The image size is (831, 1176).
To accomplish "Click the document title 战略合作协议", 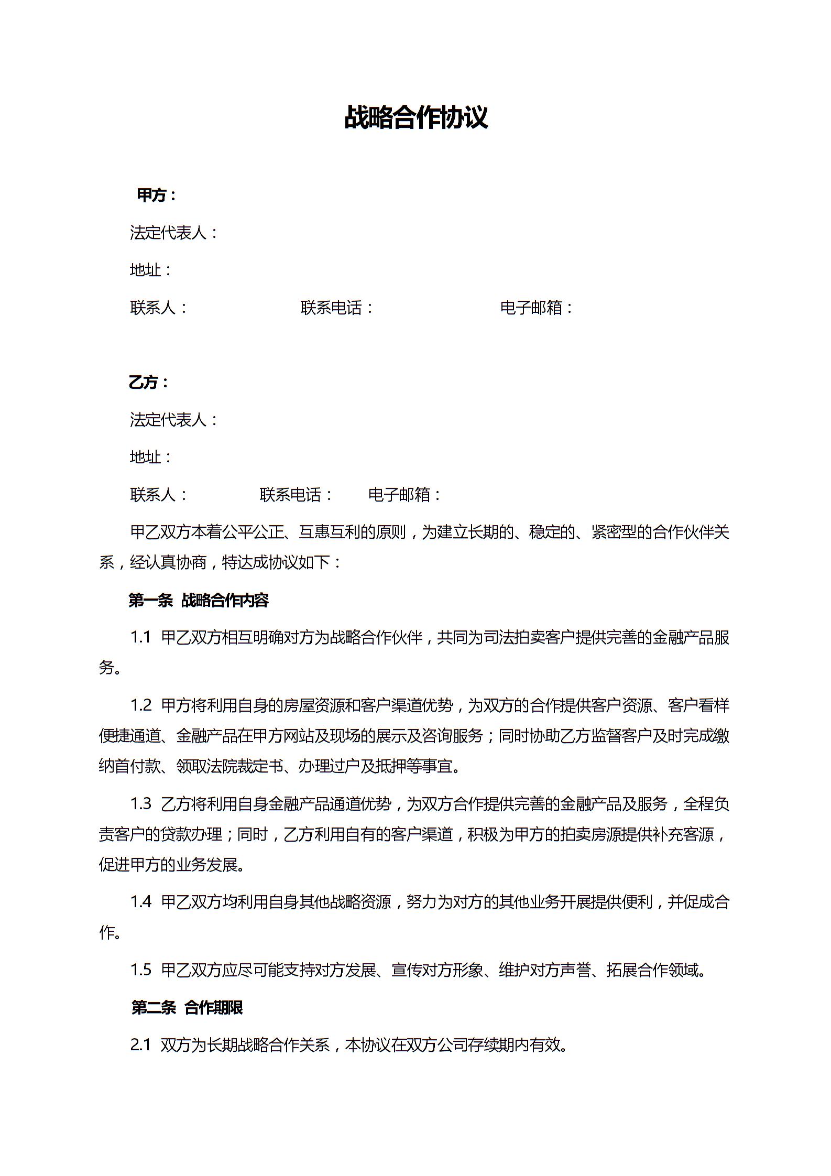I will pyautogui.click(x=416, y=117).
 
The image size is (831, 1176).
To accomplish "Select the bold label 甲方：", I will pyautogui.click(x=156, y=195).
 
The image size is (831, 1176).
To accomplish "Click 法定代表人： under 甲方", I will pyautogui.click(x=173, y=233).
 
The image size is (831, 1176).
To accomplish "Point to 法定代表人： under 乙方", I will pyautogui.click(x=173, y=420).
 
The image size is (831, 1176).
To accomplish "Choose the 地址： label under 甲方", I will pyautogui.click(x=151, y=270).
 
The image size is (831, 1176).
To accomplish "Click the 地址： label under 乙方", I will pyautogui.click(x=151, y=457).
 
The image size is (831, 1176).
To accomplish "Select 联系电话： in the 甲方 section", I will pyautogui.click(x=337, y=308).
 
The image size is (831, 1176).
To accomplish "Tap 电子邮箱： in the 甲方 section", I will pyautogui.click(x=537, y=308).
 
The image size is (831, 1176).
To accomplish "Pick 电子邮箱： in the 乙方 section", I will pyautogui.click(x=405, y=495).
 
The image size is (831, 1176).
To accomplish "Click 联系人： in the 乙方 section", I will pyautogui.click(x=159, y=495).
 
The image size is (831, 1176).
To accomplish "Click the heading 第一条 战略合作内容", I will pyautogui.click(x=199, y=600).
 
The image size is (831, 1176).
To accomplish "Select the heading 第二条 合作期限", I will pyautogui.click(x=187, y=1007).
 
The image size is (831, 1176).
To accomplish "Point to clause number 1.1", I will pyautogui.click(x=140, y=638).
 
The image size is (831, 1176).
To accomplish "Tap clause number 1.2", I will pyautogui.click(x=140, y=705).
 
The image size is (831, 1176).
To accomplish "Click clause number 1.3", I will pyautogui.click(x=140, y=803).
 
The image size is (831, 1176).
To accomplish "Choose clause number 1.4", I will pyautogui.click(x=140, y=902).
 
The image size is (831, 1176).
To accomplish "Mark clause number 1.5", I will pyautogui.click(x=140, y=970).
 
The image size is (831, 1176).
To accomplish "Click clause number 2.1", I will pyautogui.click(x=140, y=1045).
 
